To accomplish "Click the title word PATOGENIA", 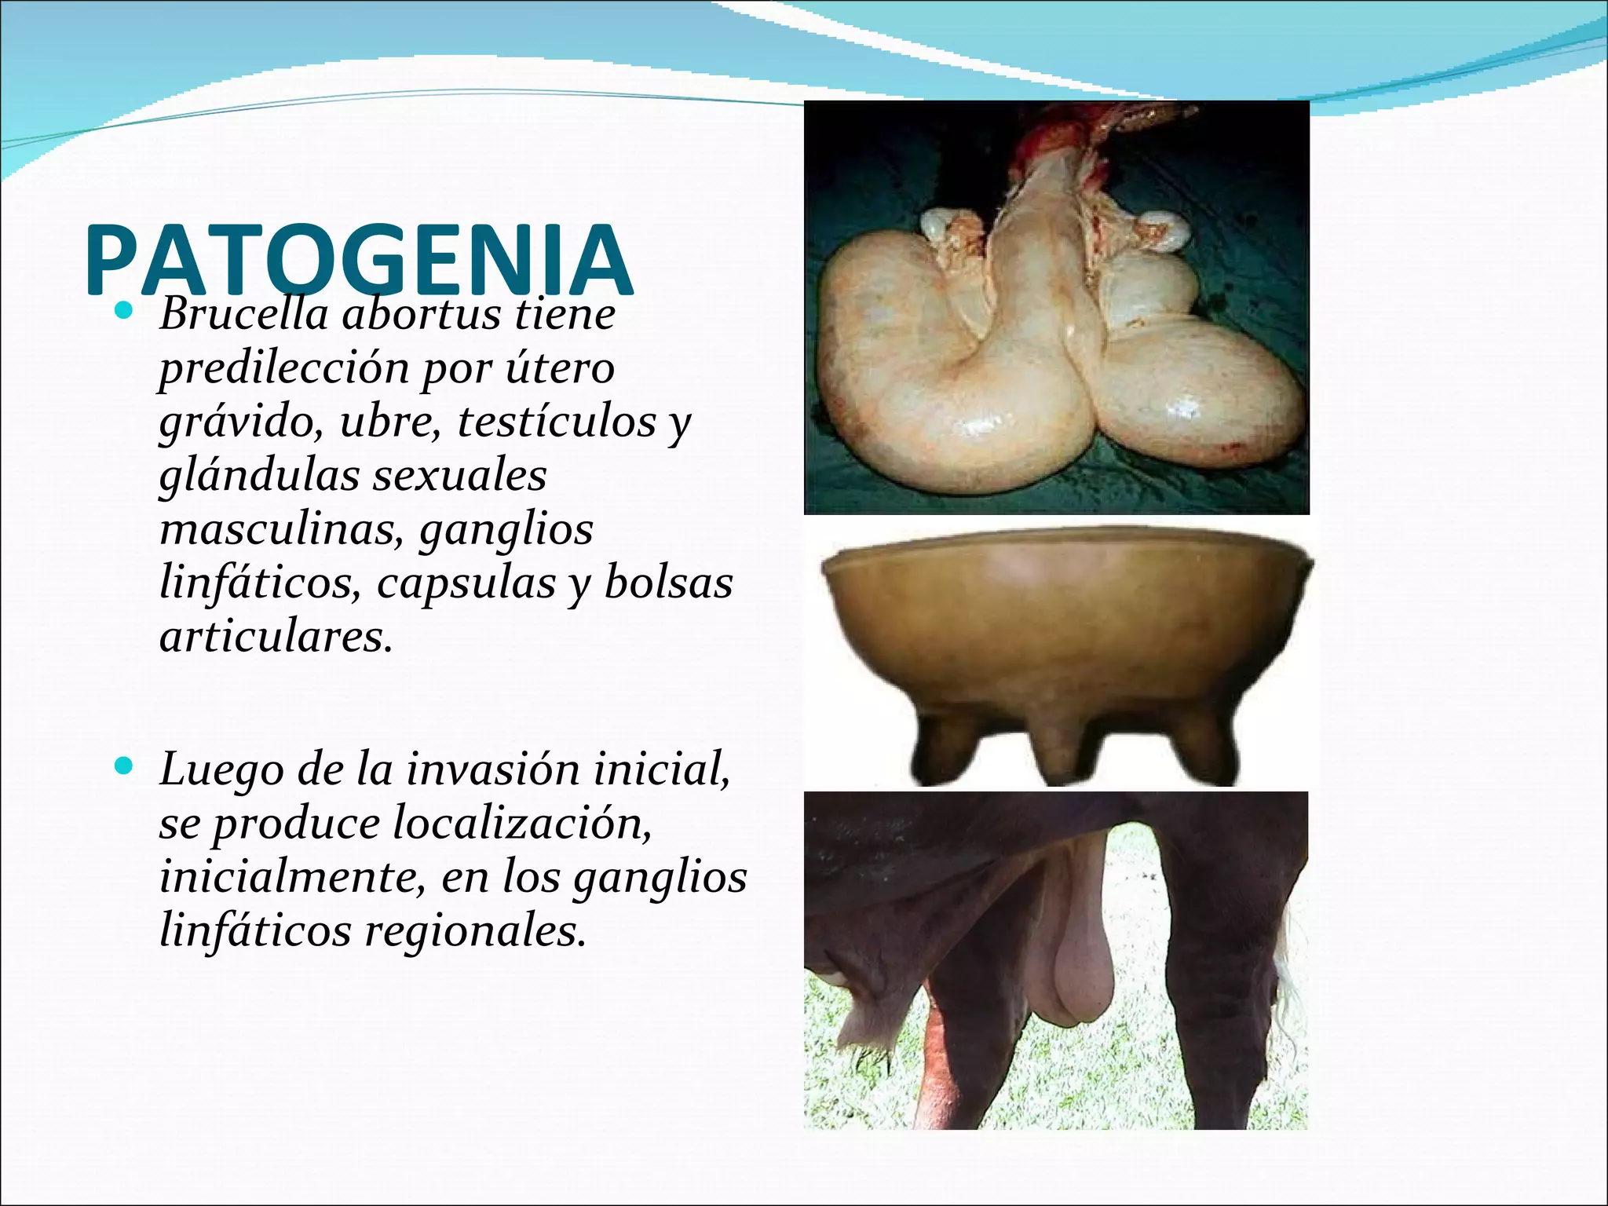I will click(x=358, y=259).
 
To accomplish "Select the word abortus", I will click(x=421, y=314).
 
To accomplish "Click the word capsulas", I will click(x=466, y=584).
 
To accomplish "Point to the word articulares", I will click(x=275, y=636).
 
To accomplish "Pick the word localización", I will click(x=521, y=824).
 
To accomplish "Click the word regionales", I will click(x=475, y=931).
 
